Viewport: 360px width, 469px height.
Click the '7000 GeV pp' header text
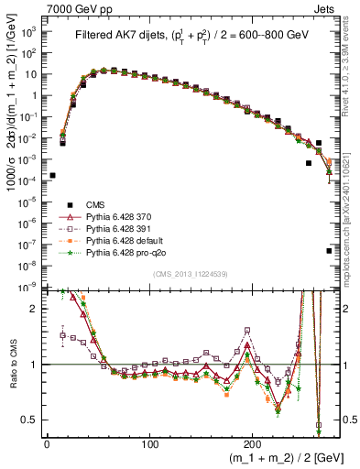(x=74, y=7)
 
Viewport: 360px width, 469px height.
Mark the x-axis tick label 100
(x=151, y=443)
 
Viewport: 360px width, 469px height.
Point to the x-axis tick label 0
(x=47, y=443)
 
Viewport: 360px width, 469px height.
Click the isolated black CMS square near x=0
(x=52, y=175)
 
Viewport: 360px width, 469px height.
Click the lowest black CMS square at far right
(x=329, y=250)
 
